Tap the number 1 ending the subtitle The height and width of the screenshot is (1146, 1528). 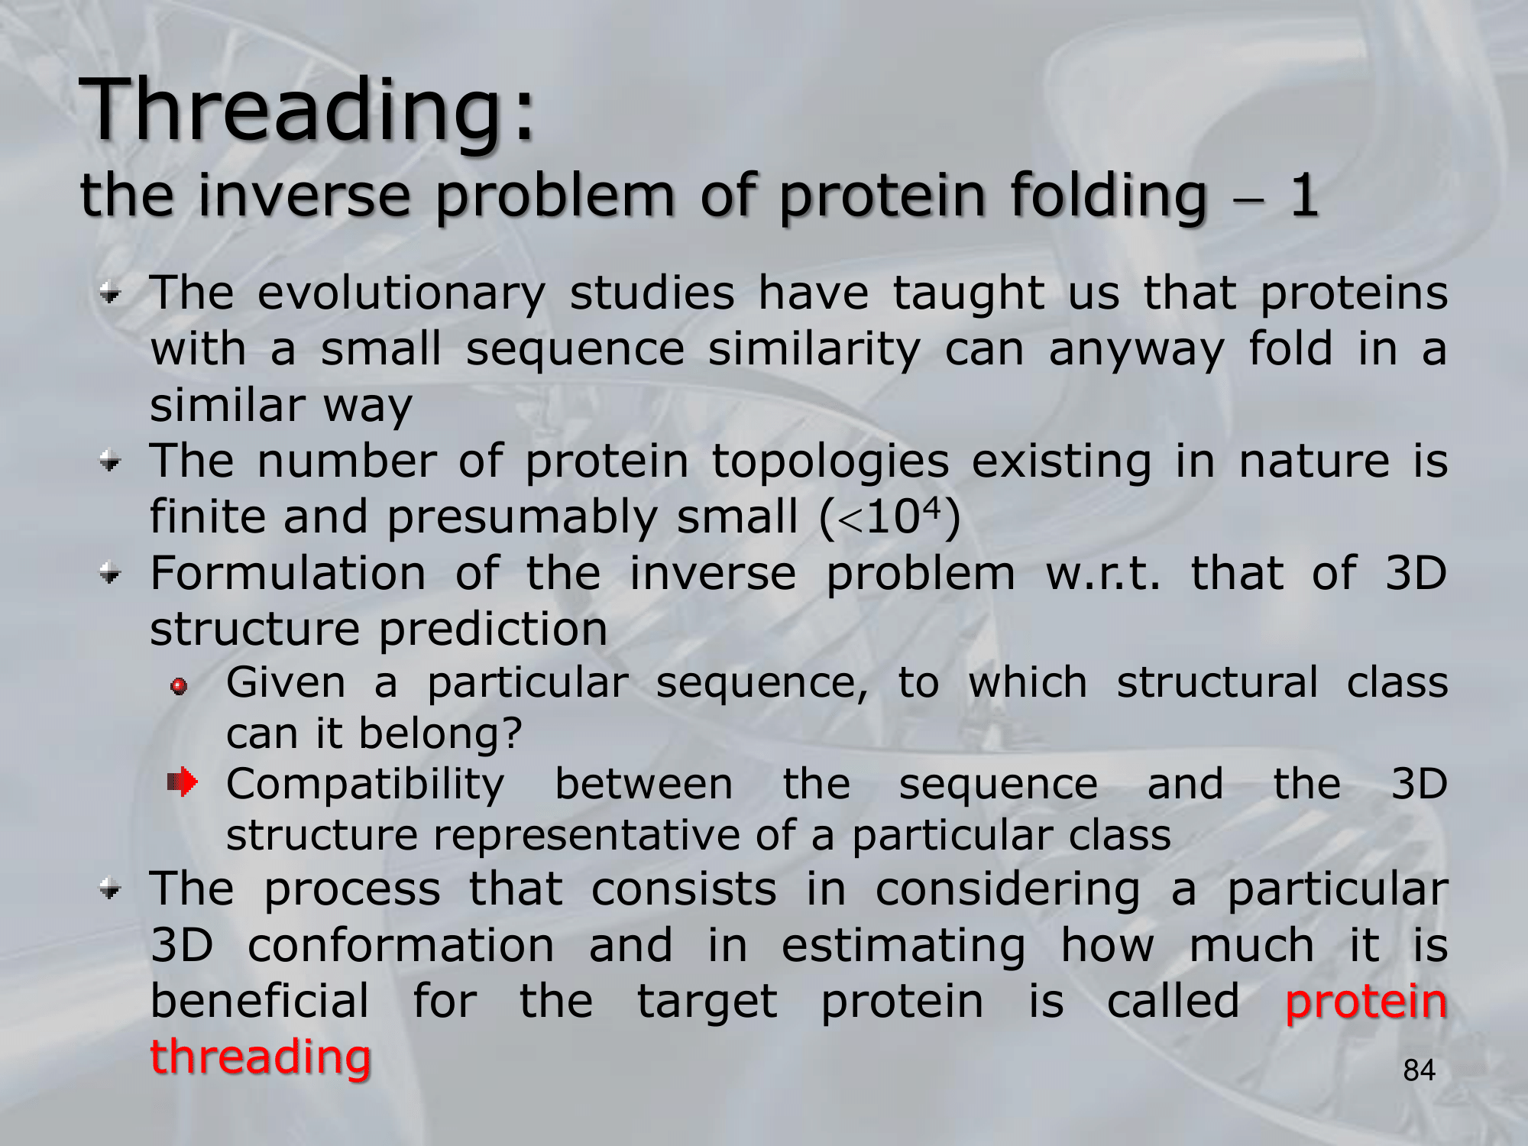point(1304,196)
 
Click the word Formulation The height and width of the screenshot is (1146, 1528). point(288,573)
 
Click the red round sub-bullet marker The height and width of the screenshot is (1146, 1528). point(180,687)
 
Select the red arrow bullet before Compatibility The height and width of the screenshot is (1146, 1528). point(183,782)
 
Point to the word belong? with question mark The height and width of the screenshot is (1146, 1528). point(440,733)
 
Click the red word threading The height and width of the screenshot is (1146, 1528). point(261,1057)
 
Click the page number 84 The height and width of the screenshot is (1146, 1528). point(1420,1071)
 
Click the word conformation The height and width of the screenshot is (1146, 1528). point(401,945)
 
